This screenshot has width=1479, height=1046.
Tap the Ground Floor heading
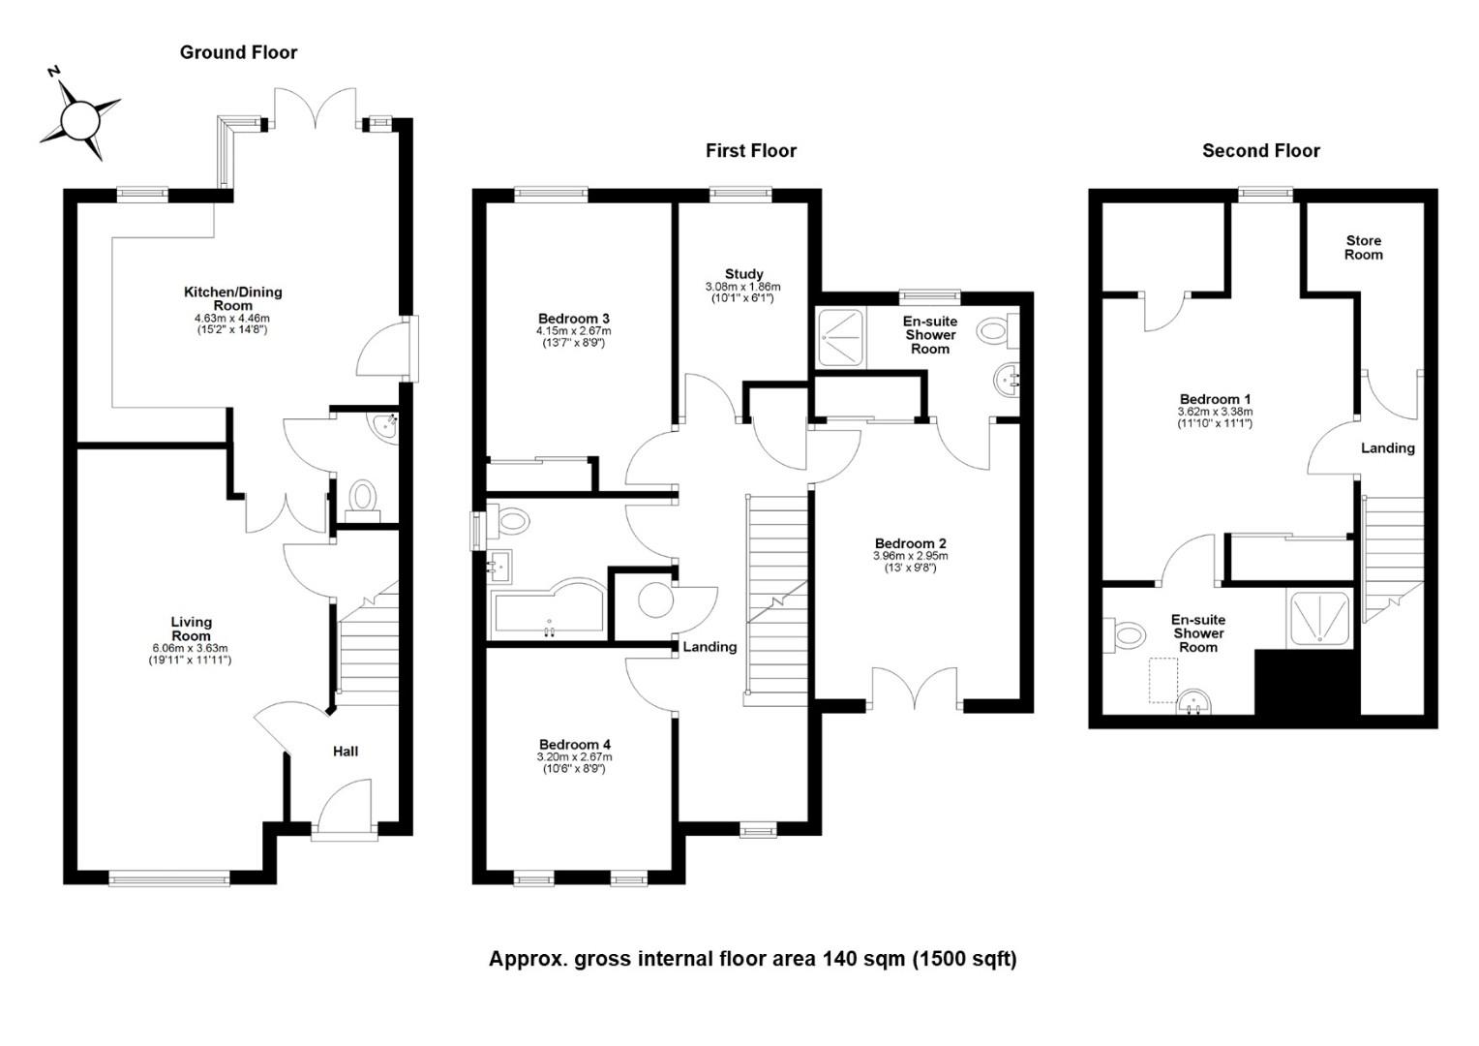pos(238,52)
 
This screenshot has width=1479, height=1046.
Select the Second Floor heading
pos(1261,151)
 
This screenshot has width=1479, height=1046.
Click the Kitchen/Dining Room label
pos(232,298)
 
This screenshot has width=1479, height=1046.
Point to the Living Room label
pos(192,629)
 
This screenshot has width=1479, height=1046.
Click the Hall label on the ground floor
pos(346,752)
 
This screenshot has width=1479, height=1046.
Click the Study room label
pos(743,273)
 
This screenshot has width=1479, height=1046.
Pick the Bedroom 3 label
pos(573,319)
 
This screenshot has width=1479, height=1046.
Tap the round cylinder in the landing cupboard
pos(655,600)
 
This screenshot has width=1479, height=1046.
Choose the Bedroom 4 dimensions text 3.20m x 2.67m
pos(574,756)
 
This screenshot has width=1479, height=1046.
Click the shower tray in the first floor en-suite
pos(840,338)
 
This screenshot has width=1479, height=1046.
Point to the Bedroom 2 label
pos(911,543)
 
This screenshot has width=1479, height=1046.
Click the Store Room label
pos(1364,248)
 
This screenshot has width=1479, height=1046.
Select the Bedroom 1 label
pos(1215,399)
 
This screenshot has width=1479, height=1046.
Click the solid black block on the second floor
pos(1308,682)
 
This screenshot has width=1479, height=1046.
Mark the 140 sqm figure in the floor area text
pos(863,959)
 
